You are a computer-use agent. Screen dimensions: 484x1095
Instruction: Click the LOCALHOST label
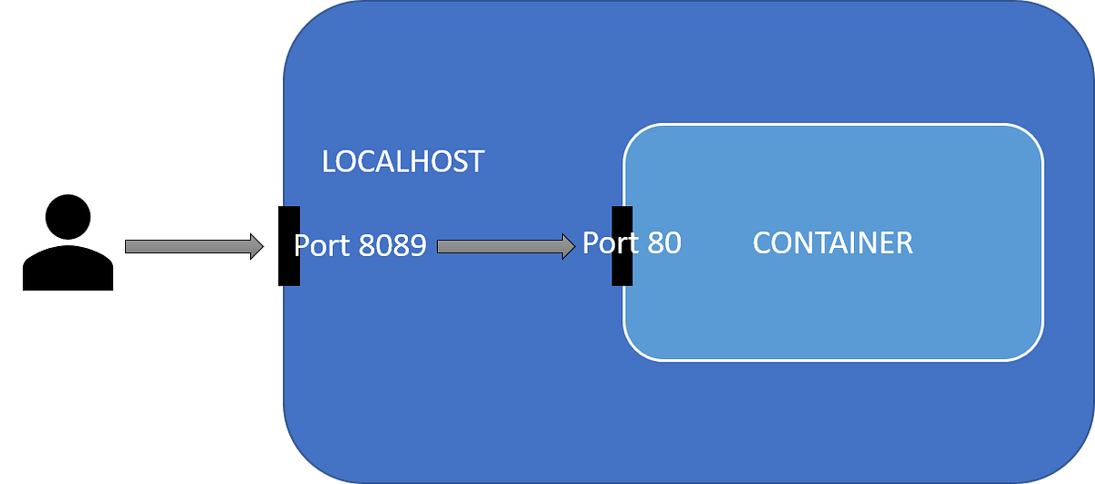point(402,162)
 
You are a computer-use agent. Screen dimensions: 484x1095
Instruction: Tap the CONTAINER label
point(832,243)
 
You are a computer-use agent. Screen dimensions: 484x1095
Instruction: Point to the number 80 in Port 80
point(662,243)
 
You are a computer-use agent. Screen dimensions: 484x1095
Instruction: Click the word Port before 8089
point(320,246)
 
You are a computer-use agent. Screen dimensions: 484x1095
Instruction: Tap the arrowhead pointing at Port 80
point(567,246)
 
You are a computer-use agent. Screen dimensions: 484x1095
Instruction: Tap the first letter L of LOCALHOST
point(329,162)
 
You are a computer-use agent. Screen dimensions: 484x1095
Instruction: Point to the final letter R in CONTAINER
point(903,243)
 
